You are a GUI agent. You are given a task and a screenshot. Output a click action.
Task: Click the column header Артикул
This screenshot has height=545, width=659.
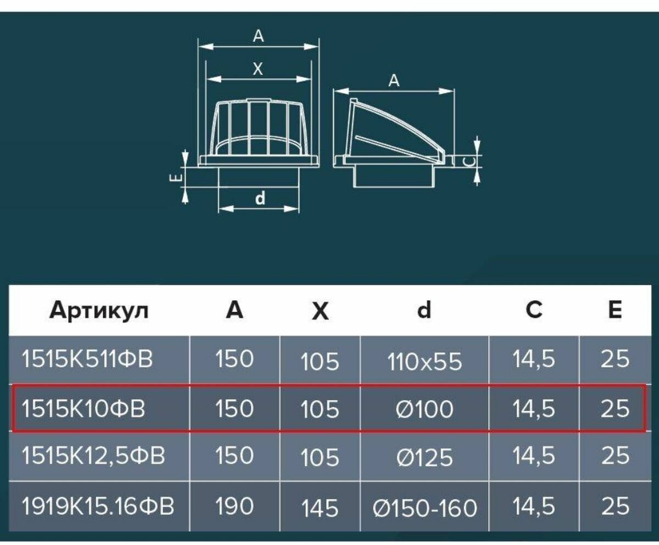[99, 311]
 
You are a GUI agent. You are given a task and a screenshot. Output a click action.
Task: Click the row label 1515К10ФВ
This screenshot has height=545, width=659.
[83, 409]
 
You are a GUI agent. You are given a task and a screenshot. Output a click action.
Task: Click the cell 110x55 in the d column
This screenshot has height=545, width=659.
[425, 362]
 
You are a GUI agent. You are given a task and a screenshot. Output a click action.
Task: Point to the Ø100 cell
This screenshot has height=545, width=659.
[425, 409]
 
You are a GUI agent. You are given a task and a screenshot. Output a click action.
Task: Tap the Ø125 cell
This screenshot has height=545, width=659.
[425, 457]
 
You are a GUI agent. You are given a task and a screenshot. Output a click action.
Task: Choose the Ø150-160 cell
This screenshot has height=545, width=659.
[425, 508]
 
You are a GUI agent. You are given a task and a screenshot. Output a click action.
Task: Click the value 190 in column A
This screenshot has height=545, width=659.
[234, 506]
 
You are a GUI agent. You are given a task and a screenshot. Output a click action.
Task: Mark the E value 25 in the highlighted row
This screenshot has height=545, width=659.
[615, 409]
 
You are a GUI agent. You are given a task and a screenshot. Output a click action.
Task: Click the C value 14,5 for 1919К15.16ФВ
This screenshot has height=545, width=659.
[533, 506]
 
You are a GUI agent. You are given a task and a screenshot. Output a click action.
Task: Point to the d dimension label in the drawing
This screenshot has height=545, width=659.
[260, 199]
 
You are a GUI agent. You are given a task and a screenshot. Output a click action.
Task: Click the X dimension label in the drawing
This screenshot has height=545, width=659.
[258, 70]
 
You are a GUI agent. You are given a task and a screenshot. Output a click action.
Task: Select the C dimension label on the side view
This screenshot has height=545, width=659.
[465, 161]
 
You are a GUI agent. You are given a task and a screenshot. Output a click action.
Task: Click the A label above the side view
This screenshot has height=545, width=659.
[394, 81]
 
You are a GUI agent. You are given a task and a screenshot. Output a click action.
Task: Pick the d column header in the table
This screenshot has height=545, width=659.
[423, 311]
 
